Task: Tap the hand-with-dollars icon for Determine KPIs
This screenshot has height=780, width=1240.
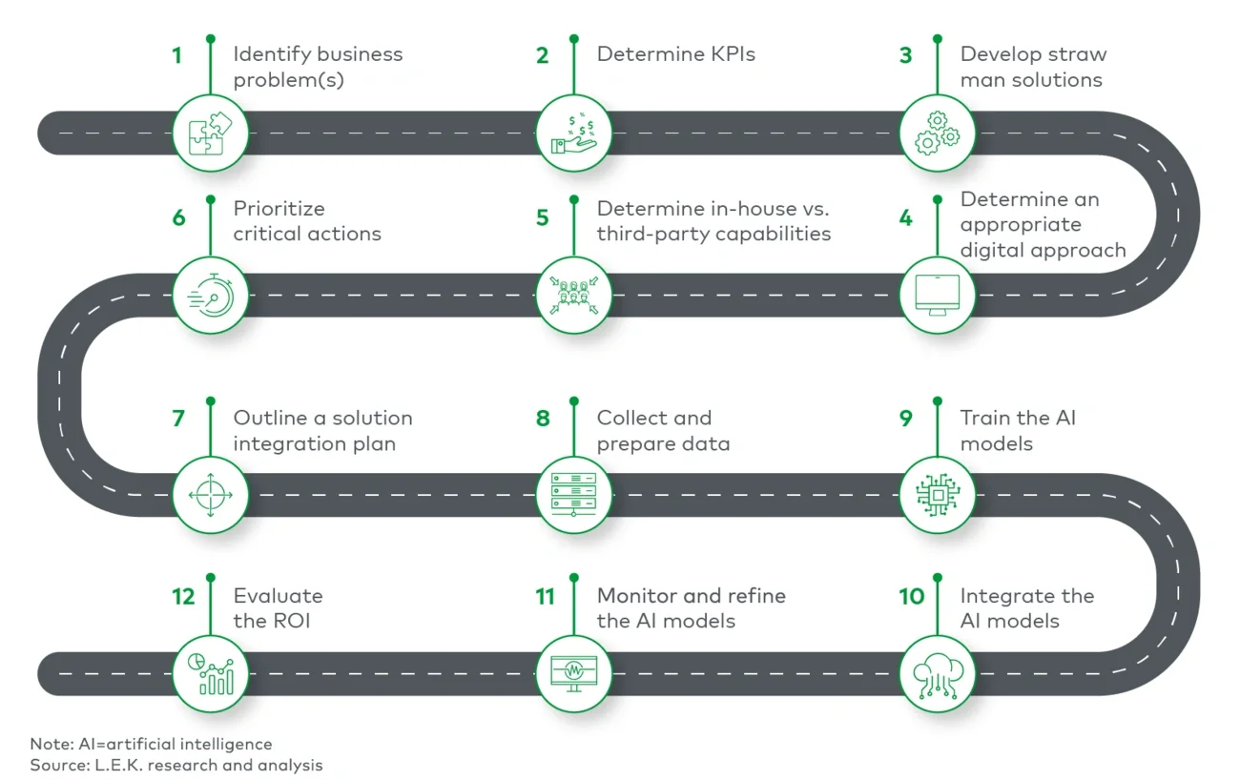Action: click(x=574, y=133)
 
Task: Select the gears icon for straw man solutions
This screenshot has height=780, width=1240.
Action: click(x=938, y=133)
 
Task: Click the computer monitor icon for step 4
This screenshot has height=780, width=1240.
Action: click(x=938, y=296)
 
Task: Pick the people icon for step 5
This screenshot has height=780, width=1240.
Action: click(x=574, y=296)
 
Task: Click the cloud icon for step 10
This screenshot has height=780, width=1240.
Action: click(x=938, y=673)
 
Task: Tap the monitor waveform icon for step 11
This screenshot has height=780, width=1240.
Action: click(x=574, y=673)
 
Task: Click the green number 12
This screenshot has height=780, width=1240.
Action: click(x=183, y=597)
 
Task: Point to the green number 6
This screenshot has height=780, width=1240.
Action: click(x=178, y=217)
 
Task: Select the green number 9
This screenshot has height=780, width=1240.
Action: click(x=905, y=419)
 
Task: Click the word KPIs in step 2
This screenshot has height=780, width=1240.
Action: click(x=725, y=54)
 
